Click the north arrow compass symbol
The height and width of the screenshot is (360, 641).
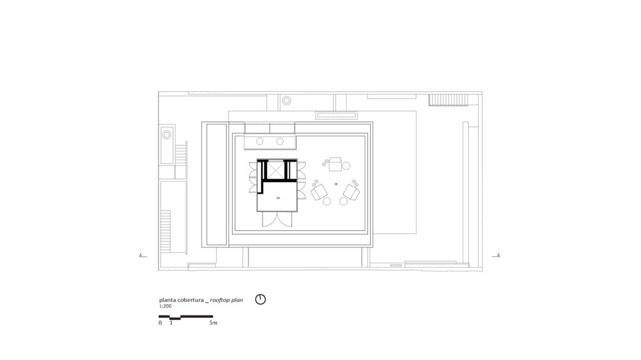(260, 299)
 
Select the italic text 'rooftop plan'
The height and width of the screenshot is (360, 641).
(226, 300)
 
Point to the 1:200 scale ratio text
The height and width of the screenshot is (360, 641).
(165, 307)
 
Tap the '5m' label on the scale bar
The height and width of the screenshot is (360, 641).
(213, 323)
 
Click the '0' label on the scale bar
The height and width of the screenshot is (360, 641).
(160, 323)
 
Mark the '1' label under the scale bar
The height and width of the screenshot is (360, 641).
(171, 323)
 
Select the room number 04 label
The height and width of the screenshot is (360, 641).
(278, 197)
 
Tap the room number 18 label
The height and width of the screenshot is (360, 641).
(336, 184)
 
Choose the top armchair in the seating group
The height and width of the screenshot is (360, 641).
(336, 164)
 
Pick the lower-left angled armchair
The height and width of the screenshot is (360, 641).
(319, 191)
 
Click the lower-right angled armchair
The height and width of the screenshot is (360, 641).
(352, 192)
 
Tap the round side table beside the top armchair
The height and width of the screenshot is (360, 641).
(346, 166)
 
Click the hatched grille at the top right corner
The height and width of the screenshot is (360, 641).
(448, 100)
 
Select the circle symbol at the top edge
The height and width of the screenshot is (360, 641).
(286, 100)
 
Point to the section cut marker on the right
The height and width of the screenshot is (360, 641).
(497, 255)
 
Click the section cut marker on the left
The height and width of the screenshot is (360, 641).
(143, 255)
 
